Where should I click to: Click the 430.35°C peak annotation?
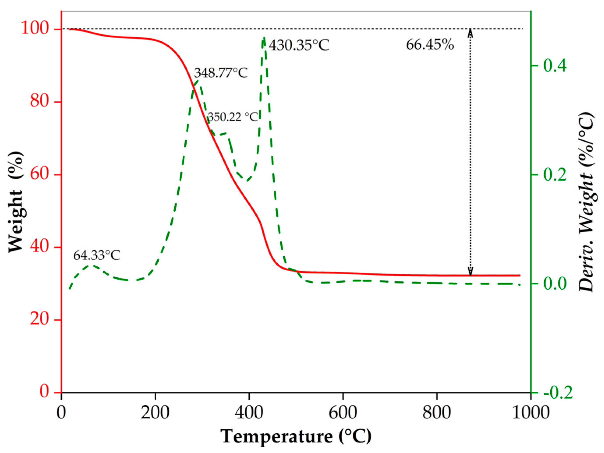[x=299, y=45]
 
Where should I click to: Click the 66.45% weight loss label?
[x=430, y=44]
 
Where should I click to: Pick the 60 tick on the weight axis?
[x=42, y=175]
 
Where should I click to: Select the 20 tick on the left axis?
[x=42, y=319]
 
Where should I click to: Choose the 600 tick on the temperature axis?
[x=343, y=412]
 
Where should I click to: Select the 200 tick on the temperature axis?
[x=155, y=412]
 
